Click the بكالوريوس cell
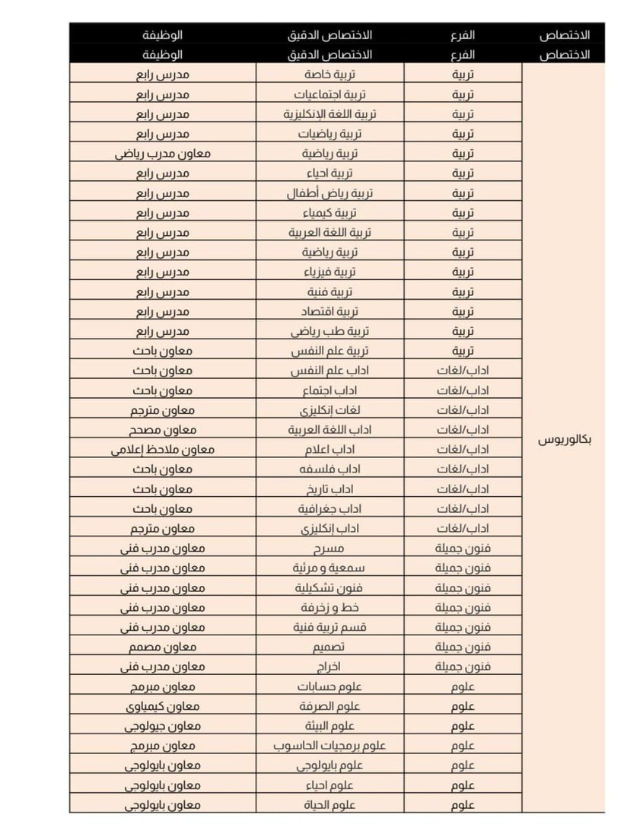point(564,441)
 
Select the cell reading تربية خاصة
point(329,75)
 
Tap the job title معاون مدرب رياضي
point(163,154)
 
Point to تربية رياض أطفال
point(329,193)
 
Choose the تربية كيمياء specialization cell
point(329,213)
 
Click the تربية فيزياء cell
point(329,272)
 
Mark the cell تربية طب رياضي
point(329,331)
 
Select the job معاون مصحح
point(163,430)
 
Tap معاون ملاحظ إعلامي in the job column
point(163,450)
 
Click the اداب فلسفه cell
point(329,469)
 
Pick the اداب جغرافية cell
point(329,508)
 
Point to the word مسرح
point(329,548)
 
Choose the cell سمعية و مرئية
point(329,568)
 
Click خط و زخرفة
point(329,607)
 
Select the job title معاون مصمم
point(163,647)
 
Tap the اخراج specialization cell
point(329,667)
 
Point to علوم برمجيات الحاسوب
point(329,746)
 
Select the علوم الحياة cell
point(329,805)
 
